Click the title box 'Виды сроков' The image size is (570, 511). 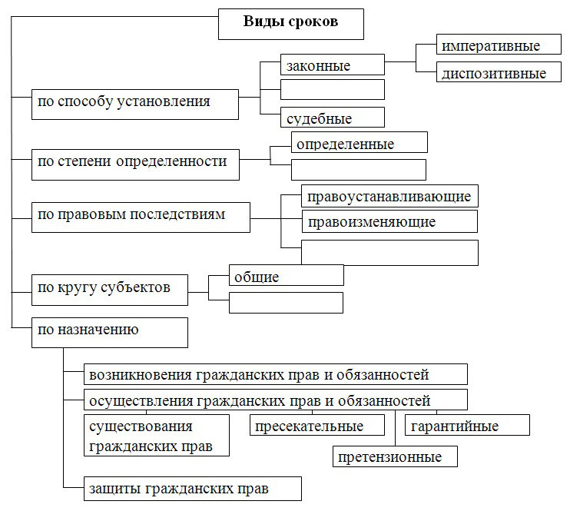pos(291,24)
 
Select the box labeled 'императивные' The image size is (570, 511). pos(499,45)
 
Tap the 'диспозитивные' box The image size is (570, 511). pos(499,71)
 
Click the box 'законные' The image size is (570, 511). pos(333,65)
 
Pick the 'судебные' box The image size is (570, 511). pos(333,117)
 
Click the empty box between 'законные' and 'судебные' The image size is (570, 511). pos(333,89)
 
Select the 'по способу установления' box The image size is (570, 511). pos(135,105)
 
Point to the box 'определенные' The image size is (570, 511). pos(360,142)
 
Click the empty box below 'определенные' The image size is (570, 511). pos(359,170)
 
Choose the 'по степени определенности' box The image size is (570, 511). pos(135,164)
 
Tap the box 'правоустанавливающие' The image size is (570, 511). pos(389,196)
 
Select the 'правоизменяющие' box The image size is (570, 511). pos(389,221)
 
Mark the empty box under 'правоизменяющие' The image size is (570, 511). pos(389,252)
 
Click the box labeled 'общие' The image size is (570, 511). pos(286,275)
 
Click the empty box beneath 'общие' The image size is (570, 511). pos(286,303)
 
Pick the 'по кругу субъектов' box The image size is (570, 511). pos(110,290)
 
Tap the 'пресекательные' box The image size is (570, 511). pos(317,425)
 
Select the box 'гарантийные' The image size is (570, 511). pos(467,425)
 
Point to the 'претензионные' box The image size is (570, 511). pos(395,456)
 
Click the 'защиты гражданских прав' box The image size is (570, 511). pos(193,489)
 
